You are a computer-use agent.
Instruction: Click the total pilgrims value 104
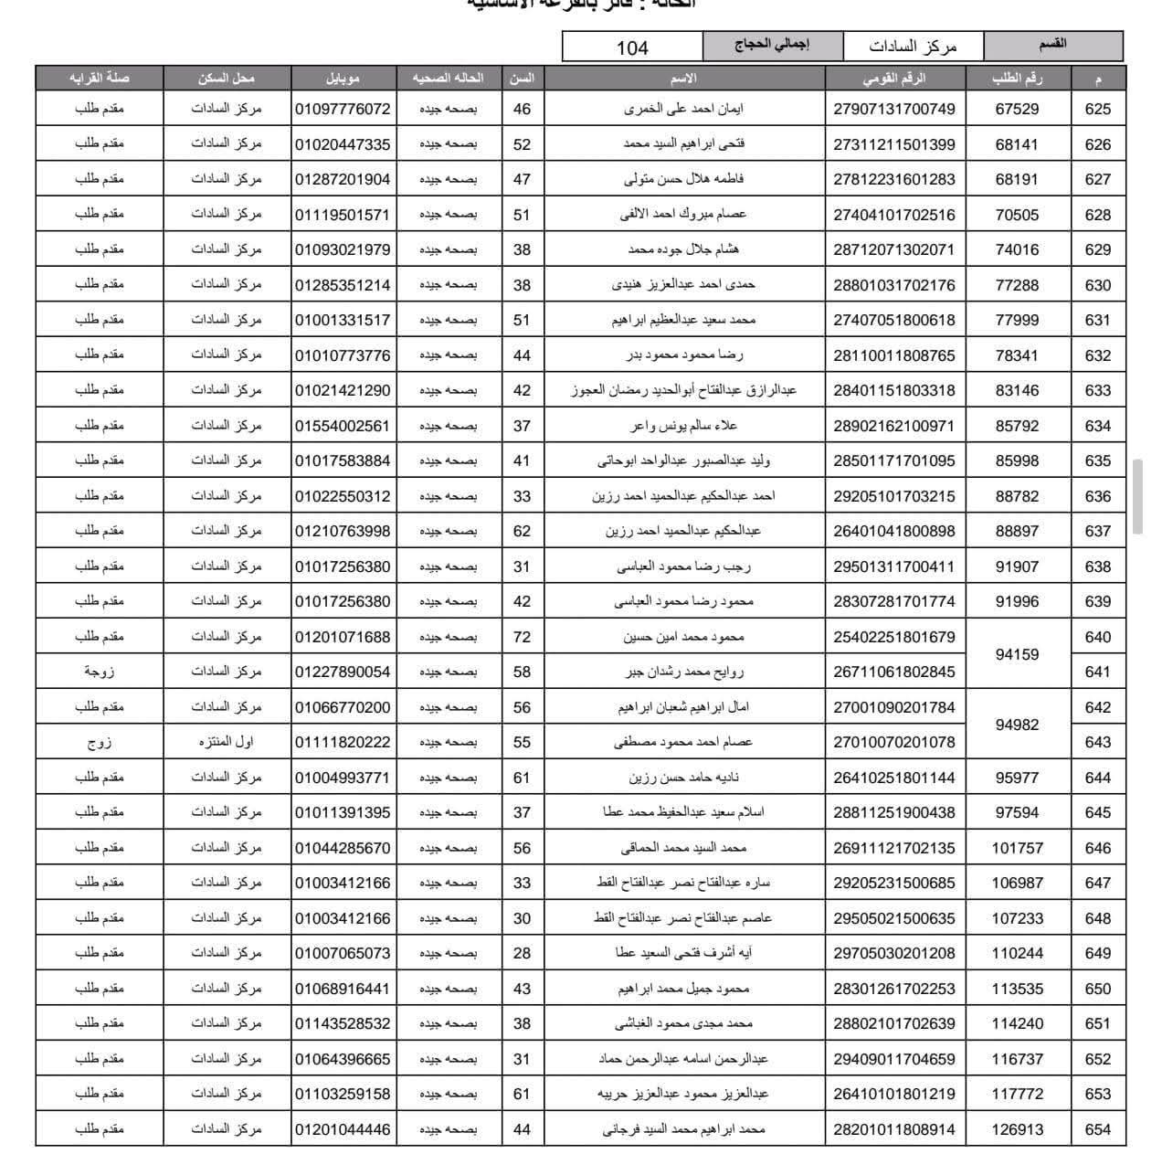(632, 48)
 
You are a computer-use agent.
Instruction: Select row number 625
(1097, 110)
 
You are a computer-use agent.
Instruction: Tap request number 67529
(1017, 110)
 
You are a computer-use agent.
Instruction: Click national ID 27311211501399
(894, 144)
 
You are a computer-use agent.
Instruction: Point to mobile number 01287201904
(343, 179)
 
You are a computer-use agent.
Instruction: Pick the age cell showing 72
(522, 637)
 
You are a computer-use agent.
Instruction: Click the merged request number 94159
(1017, 654)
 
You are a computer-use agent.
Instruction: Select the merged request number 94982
(1017, 725)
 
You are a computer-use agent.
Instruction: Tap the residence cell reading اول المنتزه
(226, 742)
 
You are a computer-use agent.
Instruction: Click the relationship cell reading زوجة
(99, 672)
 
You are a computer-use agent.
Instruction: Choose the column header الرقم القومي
(894, 78)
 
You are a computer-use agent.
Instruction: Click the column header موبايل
(343, 78)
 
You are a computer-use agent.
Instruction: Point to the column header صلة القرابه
(99, 78)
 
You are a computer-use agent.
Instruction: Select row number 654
(1097, 1129)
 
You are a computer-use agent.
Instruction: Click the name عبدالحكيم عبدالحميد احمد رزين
(683, 531)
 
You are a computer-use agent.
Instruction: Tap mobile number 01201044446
(343, 1129)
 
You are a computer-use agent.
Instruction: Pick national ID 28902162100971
(894, 426)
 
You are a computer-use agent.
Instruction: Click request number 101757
(1017, 848)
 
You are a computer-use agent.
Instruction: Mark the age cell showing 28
(522, 953)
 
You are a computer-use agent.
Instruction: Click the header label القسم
(1053, 44)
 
